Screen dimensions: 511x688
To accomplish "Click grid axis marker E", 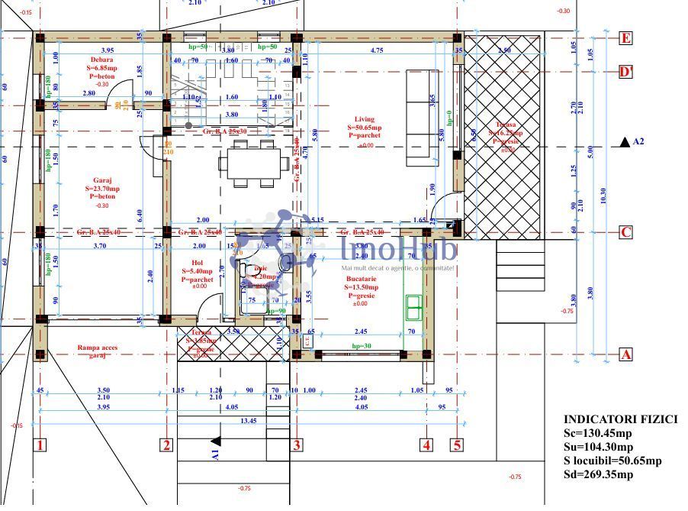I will pyautogui.click(x=626, y=38).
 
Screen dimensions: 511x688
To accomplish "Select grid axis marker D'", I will pyautogui.click(x=626, y=72).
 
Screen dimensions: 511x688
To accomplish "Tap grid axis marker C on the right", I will pyautogui.click(x=625, y=232).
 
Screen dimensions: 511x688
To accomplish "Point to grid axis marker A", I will pyautogui.click(x=625, y=354).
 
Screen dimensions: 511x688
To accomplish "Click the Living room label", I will pyautogui.click(x=364, y=119).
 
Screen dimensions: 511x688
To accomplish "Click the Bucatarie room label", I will pyautogui.click(x=358, y=279).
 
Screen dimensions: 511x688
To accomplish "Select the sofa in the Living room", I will pyautogui.click(x=418, y=117).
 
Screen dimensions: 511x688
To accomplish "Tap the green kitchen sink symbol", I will pyautogui.click(x=414, y=305).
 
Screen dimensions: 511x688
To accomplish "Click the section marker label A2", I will pyautogui.click(x=638, y=142).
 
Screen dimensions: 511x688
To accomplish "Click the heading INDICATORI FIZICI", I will pyautogui.click(x=620, y=419).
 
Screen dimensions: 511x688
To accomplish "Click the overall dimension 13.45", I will pyautogui.click(x=248, y=420).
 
